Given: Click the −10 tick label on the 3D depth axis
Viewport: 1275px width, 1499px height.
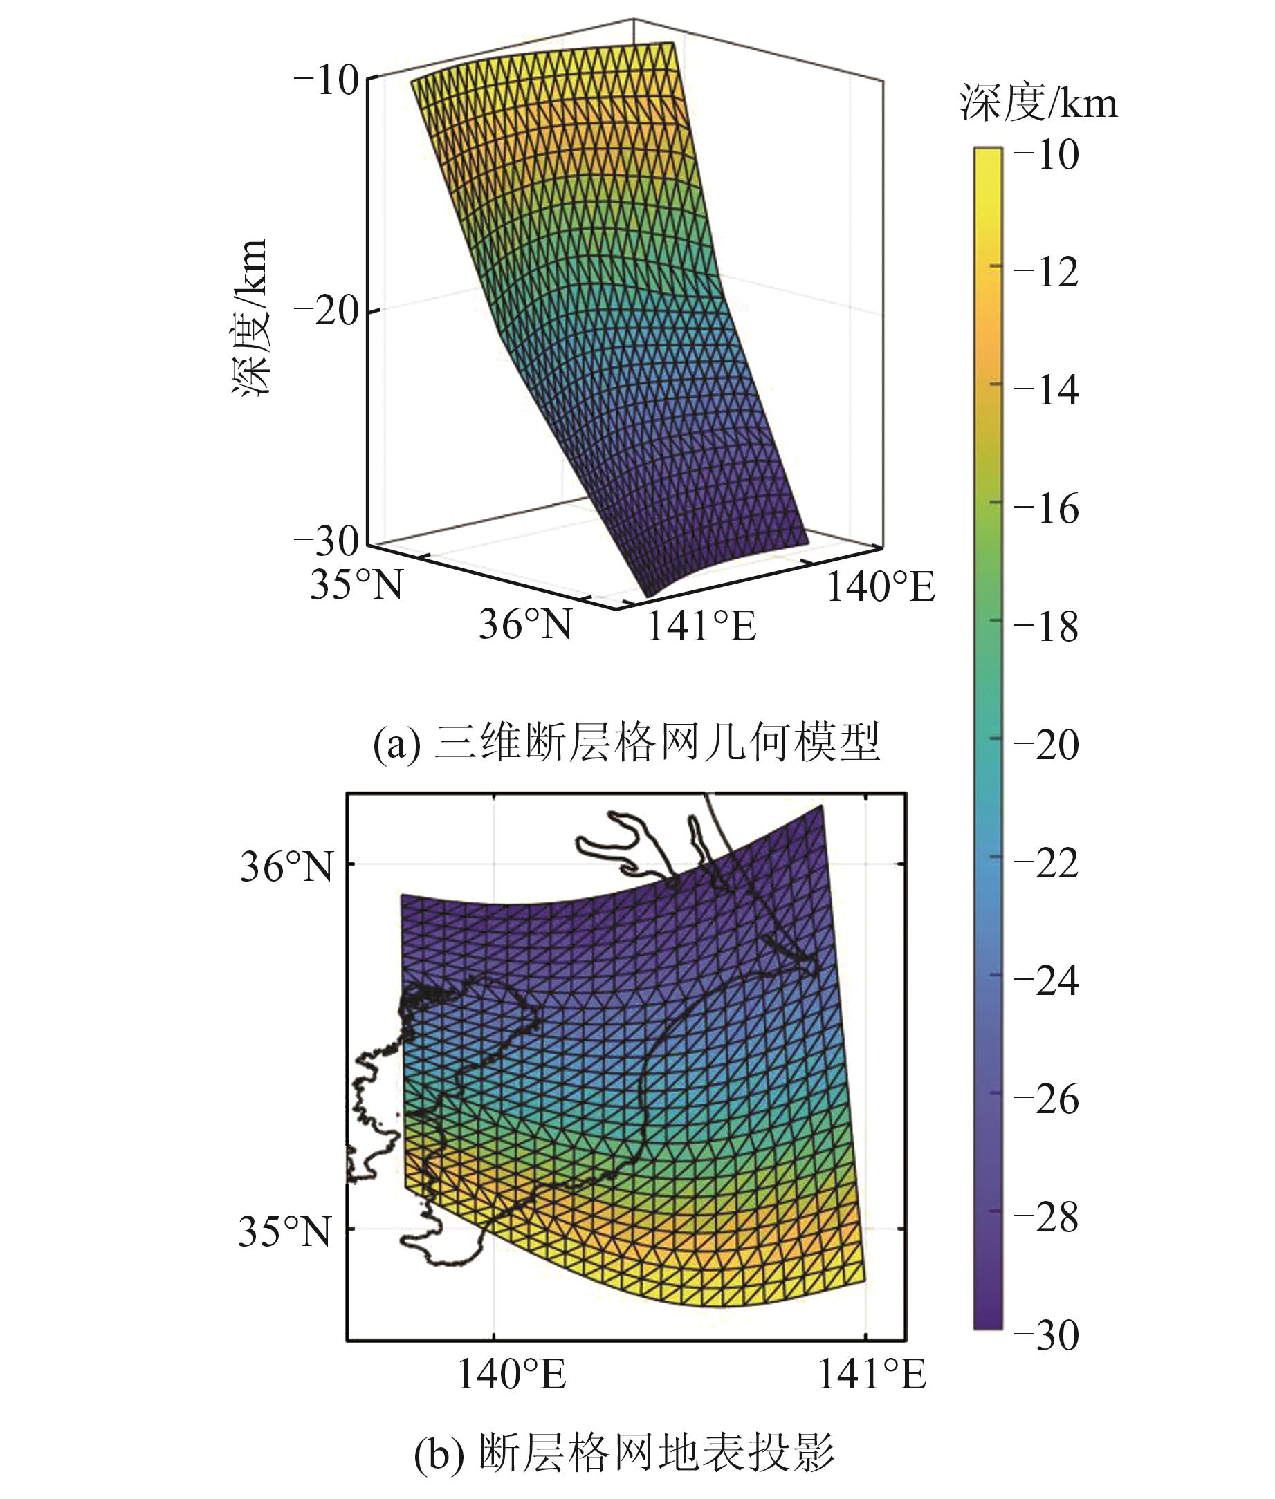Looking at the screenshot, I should tap(327, 81).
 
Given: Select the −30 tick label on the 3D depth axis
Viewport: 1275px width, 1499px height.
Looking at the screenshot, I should tap(327, 541).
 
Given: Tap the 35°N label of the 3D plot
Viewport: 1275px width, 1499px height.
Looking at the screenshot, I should tap(356, 584).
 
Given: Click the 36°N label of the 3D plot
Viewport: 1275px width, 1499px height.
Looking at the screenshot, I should tap(525, 624).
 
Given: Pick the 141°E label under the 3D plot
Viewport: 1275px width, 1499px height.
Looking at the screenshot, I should tap(700, 626).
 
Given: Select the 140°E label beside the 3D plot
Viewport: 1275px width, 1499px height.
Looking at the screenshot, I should tap(881, 586).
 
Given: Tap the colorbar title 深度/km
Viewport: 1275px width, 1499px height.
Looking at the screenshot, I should tap(1038, 103).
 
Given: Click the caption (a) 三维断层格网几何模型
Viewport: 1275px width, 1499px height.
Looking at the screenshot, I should tap(626, 743).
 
